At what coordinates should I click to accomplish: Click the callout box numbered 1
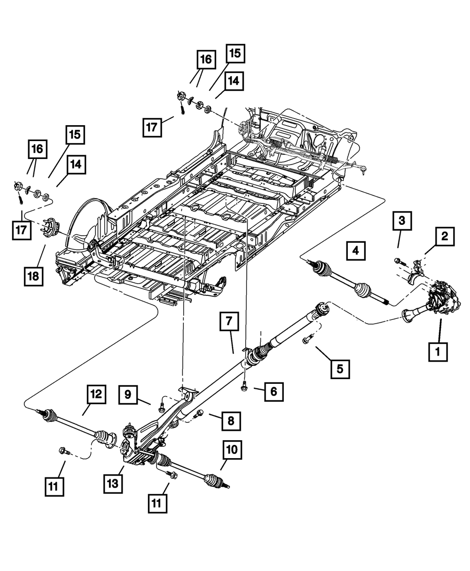pyautogui.click(x=438, y=352)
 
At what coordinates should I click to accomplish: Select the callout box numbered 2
pyautogui.click(x=445, y=237)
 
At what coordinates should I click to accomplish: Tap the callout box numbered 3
pyautogui.click(x=402, y=221)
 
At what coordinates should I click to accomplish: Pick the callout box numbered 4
pyautogui.click(x=356, y=251)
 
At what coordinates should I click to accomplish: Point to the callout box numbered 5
pyautogui.click(x=340, y=369)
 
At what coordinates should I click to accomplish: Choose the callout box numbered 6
pyautogui.click(x=274, y=392)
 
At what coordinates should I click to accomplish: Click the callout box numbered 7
pyautogui.click(x=229, y=321)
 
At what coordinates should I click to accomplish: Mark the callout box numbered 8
pyautogui.click(x=231, y=421)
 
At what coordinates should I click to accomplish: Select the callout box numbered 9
pyautogui.click(x=128, y=395)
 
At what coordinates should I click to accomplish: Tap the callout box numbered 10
pyautogui.click(x=232, y=450)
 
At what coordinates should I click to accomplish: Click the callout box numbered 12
pyautogui.click(x=96, y=394)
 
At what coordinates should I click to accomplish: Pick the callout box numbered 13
pyautogui.click(x=113, y=484)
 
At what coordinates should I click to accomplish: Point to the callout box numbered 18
pyautogui.click(x=33, y=277)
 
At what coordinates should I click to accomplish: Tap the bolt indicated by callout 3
pyautogui.click(x=400, y=262)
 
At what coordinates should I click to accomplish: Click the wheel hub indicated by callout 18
pyautogui.click(x=50, y=227)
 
